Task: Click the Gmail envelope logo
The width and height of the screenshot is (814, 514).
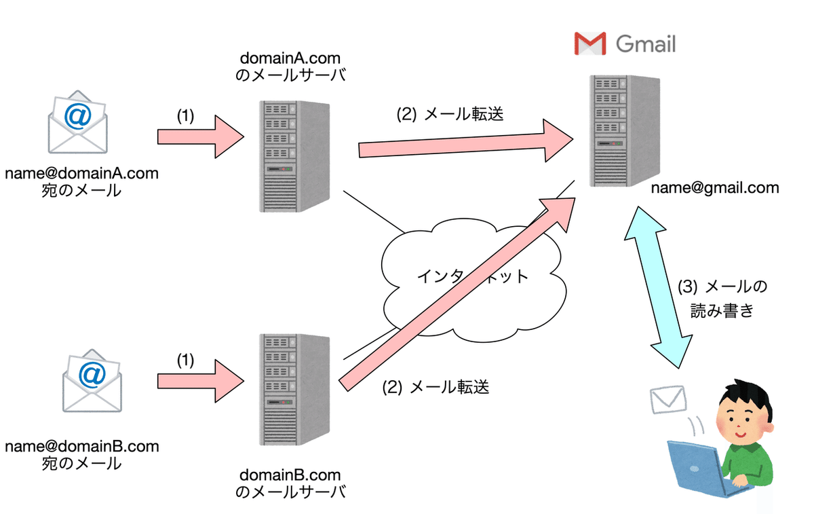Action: coord(589,44)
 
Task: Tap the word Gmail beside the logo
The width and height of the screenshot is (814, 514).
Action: coord(645,44)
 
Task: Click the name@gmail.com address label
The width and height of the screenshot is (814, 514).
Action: coord(714,188)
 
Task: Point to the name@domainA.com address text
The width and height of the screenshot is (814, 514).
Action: coord(81,173)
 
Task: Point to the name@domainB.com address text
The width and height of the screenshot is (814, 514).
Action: coord(82,446)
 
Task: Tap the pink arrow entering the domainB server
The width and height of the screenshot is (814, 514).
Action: coord(200,381)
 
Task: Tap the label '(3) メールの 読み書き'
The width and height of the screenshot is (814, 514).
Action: coord(722,299)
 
